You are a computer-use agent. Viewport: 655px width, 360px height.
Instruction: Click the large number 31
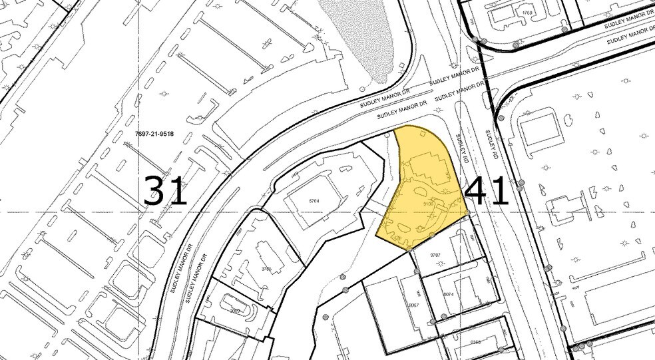[166, 191]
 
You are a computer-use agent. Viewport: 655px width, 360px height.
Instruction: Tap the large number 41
[487, 192]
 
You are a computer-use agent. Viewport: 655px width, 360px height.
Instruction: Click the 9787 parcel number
[437, 254]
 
